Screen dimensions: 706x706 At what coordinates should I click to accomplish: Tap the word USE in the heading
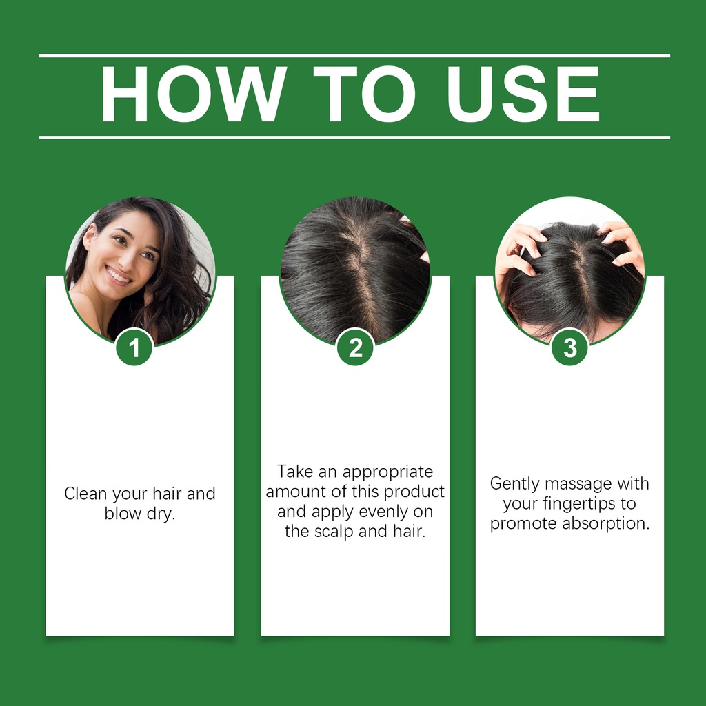point(523,94)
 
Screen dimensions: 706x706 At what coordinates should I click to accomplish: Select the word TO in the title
point(364,94)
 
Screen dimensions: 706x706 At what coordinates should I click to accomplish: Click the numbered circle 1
point(134,347)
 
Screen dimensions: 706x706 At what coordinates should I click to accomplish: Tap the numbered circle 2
point(355,347)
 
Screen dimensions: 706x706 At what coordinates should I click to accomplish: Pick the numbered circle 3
point(569,347)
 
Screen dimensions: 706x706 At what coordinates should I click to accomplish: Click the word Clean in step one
point(86,494)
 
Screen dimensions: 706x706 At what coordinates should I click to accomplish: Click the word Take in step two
point(294,472)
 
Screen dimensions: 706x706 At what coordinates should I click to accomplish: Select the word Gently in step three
point(514,484)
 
